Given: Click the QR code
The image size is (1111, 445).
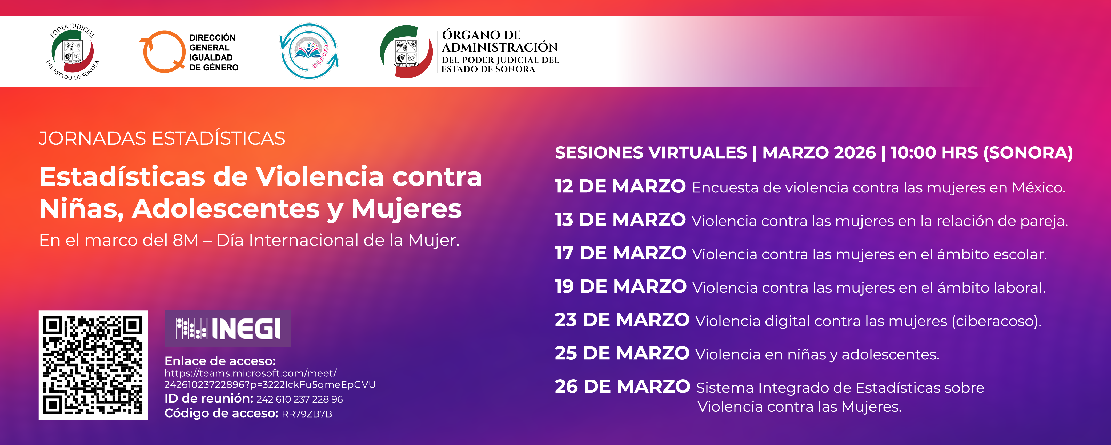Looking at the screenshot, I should [x=93, y=365].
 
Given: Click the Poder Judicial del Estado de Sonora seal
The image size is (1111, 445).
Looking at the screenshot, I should [x=73, y=52].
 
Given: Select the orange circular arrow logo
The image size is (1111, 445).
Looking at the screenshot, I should [x=163, y=52].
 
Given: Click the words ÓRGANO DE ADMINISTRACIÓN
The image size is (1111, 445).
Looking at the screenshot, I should [x=499, y=41].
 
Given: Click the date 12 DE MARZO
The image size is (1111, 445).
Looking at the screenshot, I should [x=620, y=186].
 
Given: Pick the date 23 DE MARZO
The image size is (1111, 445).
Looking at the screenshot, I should [x=622, y=320].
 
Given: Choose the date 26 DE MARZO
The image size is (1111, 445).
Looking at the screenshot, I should [x=622, y=387].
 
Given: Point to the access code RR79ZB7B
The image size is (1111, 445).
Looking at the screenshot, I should [x=307, y=414].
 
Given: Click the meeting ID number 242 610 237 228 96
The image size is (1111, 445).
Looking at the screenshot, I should [x=299, y=399].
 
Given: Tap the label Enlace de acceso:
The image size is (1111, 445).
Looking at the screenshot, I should [x=220, y=361].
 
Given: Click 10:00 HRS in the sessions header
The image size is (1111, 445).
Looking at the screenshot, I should [x=934, y=153].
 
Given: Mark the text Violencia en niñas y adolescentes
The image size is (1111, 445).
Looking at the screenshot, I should [x=817, y=354].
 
